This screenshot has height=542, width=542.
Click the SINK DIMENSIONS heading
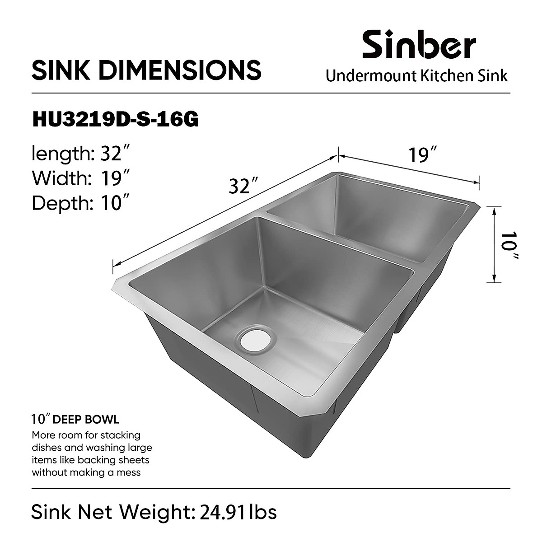146,70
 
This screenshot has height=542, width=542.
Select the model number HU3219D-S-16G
115,120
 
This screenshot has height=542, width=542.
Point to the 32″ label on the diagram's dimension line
243,186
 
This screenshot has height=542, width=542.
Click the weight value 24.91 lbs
235,512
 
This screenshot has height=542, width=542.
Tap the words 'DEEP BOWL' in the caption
86,420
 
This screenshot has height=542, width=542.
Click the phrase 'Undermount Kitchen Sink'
416,75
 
